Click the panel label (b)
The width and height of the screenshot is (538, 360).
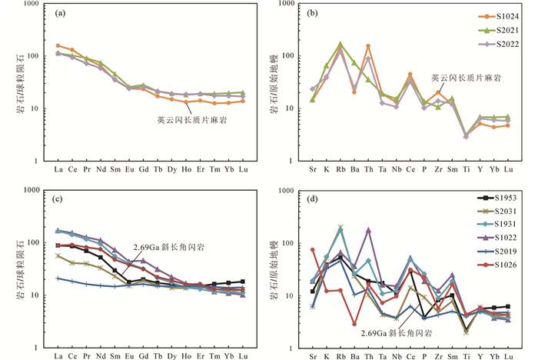[x=319, y=14]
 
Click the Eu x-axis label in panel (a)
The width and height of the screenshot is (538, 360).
[x=130, y=168]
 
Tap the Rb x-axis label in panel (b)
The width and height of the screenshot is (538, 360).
[x=340, y=168]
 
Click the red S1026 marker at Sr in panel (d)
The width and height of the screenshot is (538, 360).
[x=313, y=250]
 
